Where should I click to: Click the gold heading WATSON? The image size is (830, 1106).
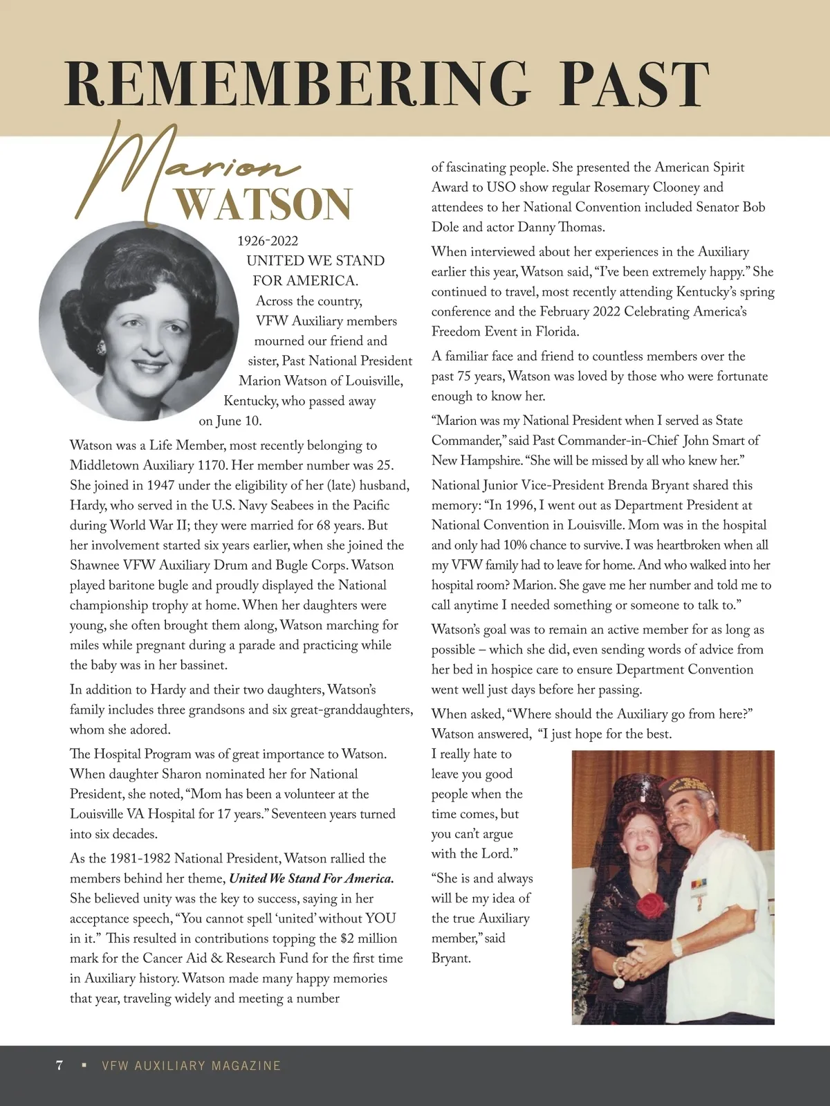[264, 203]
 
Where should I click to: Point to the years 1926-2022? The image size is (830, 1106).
[268, 241]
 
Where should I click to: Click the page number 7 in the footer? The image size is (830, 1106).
[60, 1065]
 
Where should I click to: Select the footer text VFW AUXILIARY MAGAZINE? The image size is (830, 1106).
[191, 1066]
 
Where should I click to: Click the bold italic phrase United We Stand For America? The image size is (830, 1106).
[311, 879]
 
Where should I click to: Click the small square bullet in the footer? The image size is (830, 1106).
[84, 1065]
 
